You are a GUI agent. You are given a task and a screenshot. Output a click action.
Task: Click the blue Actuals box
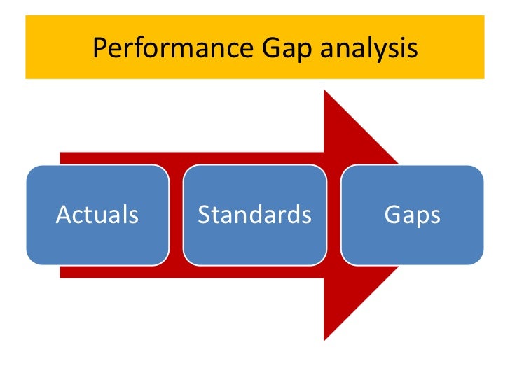pos(97,215)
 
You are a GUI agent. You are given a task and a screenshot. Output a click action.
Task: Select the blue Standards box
pos(254,215)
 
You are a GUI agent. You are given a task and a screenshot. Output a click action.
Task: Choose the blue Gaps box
pos(412,215)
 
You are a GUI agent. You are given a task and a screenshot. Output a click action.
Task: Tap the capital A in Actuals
pos(63,215)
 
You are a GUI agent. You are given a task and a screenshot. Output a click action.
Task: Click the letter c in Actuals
pos(76,216)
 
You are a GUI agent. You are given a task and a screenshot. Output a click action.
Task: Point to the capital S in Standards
pos(204,215)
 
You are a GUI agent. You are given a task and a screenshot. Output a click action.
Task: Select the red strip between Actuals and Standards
pos(175,215)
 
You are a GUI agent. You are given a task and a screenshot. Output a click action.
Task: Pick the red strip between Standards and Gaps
pos(333,215)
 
